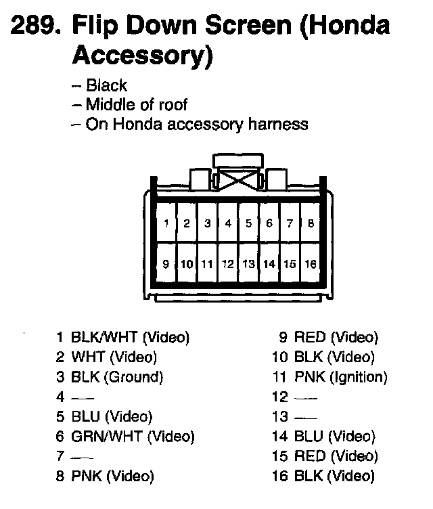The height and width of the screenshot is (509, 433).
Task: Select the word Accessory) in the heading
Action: (x=141, y=57)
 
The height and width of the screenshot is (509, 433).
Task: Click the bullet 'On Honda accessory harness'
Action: (x=189, y=125)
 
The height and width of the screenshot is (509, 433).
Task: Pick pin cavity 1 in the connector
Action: (x=166, y=223)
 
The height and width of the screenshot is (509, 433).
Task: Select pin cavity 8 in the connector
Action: (x=311, y=223)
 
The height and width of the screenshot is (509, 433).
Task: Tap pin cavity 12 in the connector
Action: (x=228, y=263)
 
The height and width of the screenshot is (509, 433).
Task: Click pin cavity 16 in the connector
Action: (x=311, y=263)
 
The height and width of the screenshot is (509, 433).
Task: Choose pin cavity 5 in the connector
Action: (x=248, y=223)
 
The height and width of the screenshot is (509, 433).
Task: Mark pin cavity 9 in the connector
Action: (x=166, y=263)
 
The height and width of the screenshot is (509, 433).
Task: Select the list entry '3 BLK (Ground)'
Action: (x=110, y=377)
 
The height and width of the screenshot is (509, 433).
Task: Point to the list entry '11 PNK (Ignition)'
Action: (x=329, y=377)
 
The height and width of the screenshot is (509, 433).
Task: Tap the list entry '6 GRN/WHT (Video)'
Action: (x=125, y=437)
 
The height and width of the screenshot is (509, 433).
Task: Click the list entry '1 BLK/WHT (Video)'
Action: (x=122, y=337)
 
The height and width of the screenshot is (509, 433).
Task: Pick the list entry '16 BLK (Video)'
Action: (x=323, y=477)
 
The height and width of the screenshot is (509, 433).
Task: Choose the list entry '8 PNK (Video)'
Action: (x=105, y=477)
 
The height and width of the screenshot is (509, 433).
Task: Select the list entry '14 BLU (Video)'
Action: (x=323, y=437)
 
